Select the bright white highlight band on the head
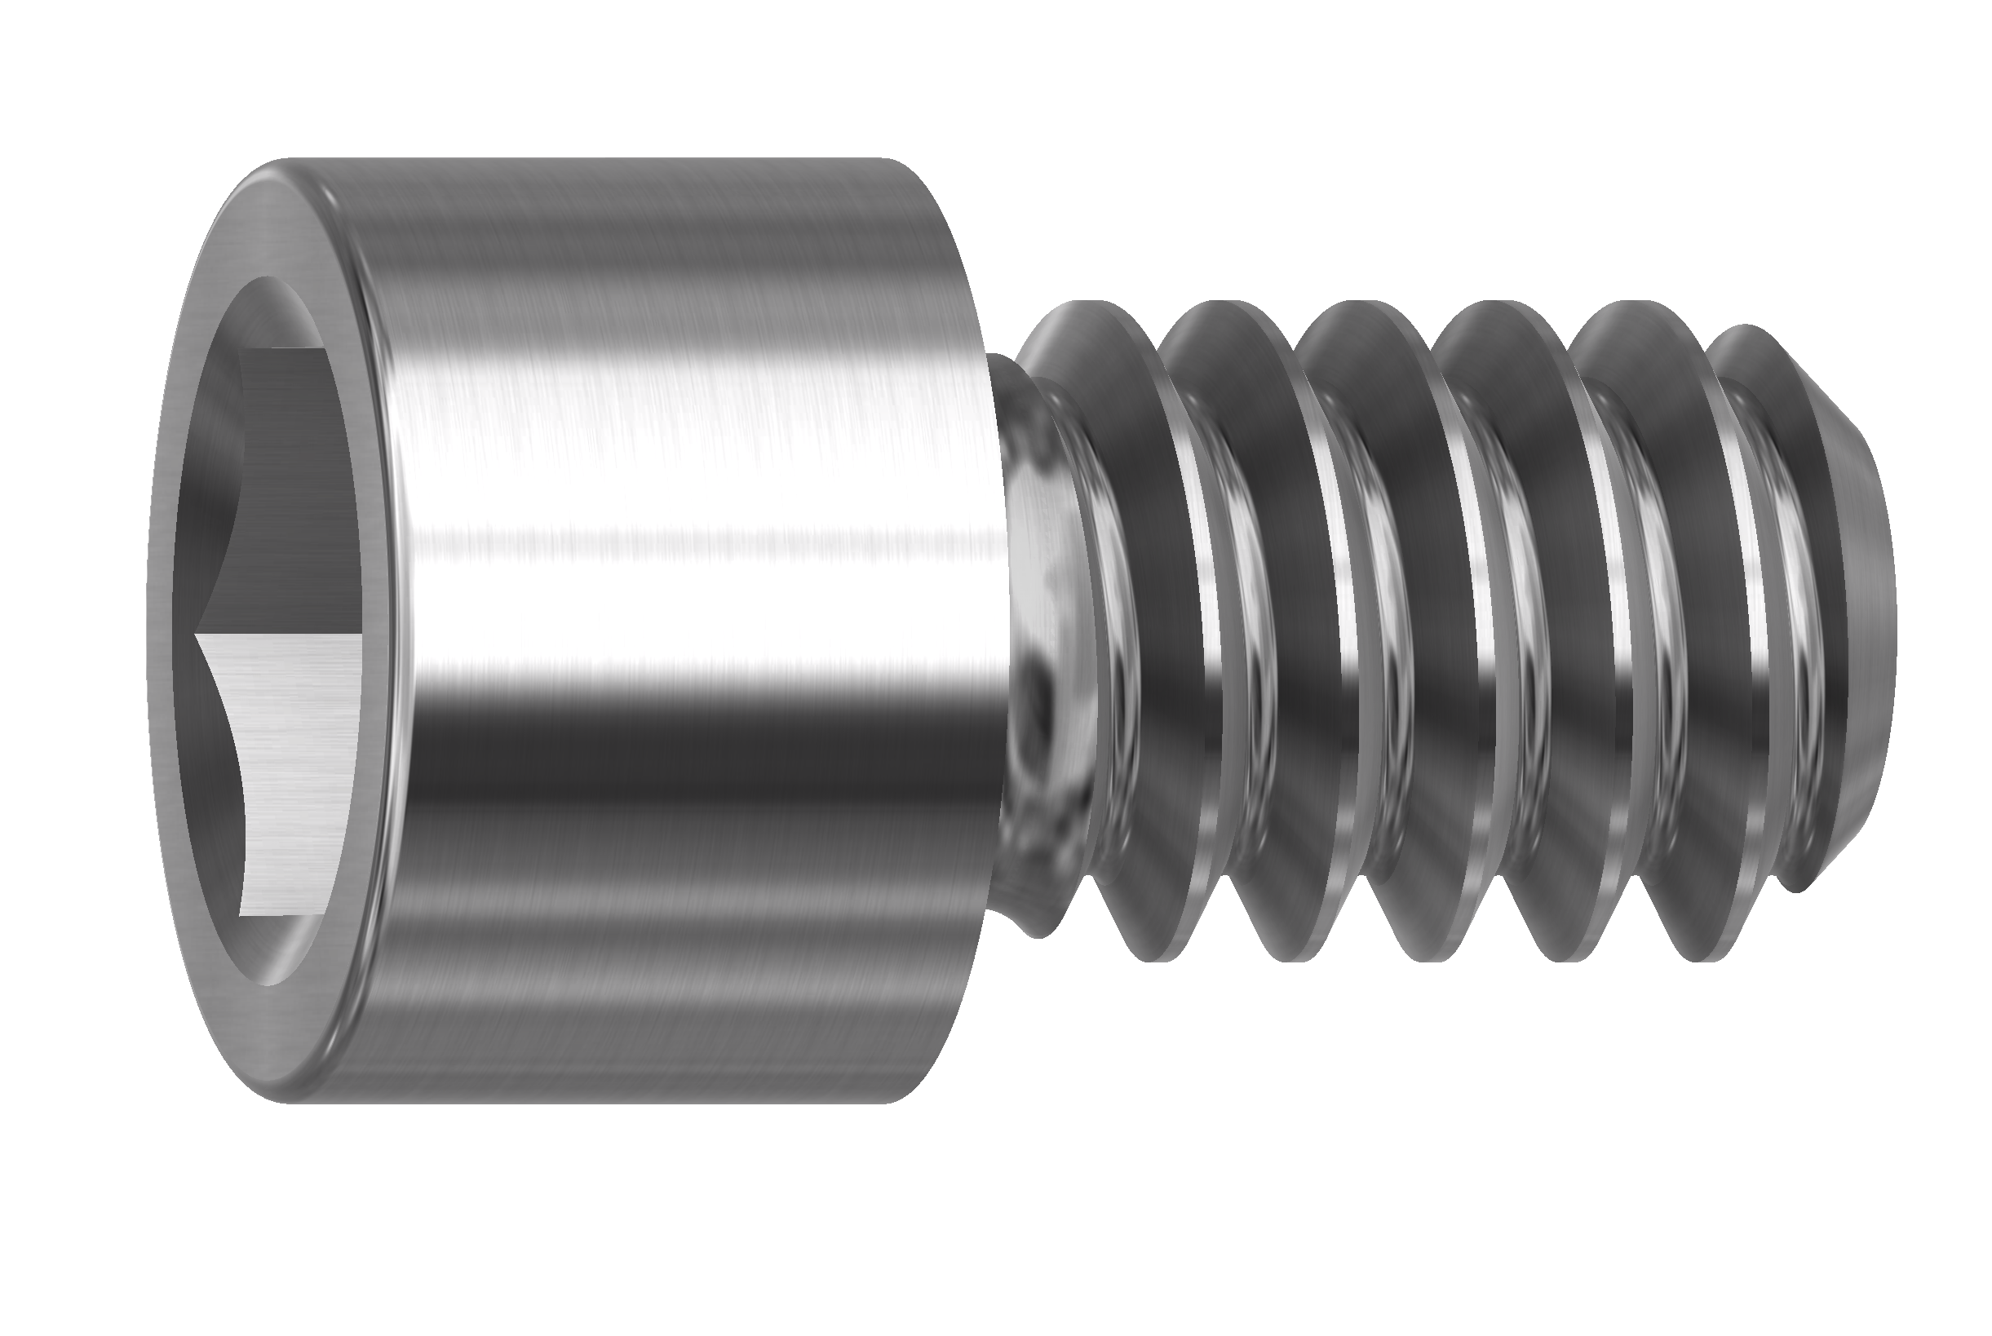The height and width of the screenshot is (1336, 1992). coord(682,588)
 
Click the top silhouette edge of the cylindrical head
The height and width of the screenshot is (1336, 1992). coord(596,160)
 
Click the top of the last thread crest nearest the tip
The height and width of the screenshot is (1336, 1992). coord(1746,328)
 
